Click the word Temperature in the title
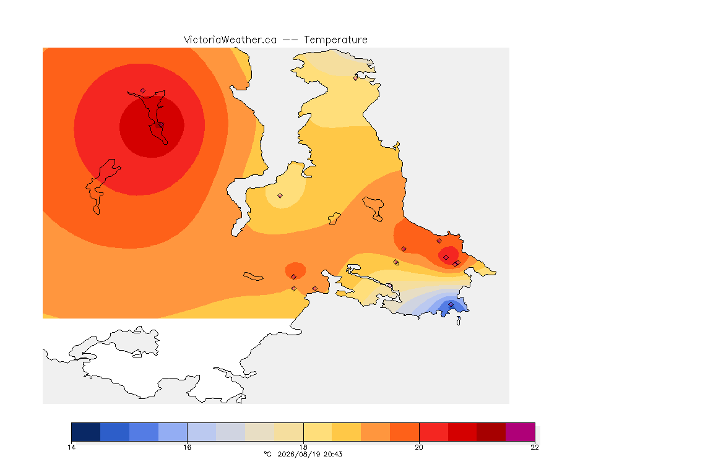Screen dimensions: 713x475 coord(335,40)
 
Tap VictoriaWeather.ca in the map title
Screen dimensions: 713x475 coord(230,40)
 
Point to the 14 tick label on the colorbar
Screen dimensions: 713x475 coord(71,447)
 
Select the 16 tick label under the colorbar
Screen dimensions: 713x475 coord(188,447)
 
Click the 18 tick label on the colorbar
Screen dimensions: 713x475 coord(303,447)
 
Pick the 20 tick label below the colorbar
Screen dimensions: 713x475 coord(419,447)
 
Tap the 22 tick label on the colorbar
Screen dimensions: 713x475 coord(535,447)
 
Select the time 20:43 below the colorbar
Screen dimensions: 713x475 coord(333,454)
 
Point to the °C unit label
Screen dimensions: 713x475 coord(267,454)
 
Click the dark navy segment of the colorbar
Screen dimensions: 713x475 coord(86,432)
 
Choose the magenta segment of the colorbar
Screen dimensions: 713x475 coord(520,432)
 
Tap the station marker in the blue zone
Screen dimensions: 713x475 coord(451,304)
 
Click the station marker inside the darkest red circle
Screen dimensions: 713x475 coord(161,125)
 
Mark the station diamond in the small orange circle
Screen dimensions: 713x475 coord(294,277)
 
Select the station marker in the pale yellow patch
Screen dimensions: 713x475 coord(280,196)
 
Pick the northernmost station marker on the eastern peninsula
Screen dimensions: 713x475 coord(356,78)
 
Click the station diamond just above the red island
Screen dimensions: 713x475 coord(143,91)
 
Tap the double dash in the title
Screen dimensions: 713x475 coord(290,40)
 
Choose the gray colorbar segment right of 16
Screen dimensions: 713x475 coord(230,432)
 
